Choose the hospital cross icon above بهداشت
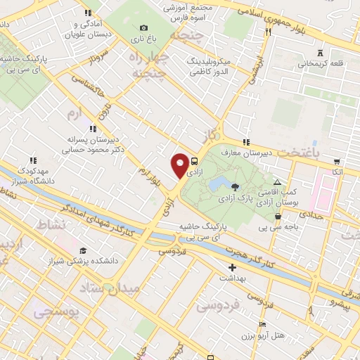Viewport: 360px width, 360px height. click(233, 267)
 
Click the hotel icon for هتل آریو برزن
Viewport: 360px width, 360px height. click(263, 325)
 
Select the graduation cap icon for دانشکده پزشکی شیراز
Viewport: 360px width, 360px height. click(84, 251)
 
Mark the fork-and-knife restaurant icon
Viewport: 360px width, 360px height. click(268, 31)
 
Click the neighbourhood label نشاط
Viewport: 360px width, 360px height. click(49, 224)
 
